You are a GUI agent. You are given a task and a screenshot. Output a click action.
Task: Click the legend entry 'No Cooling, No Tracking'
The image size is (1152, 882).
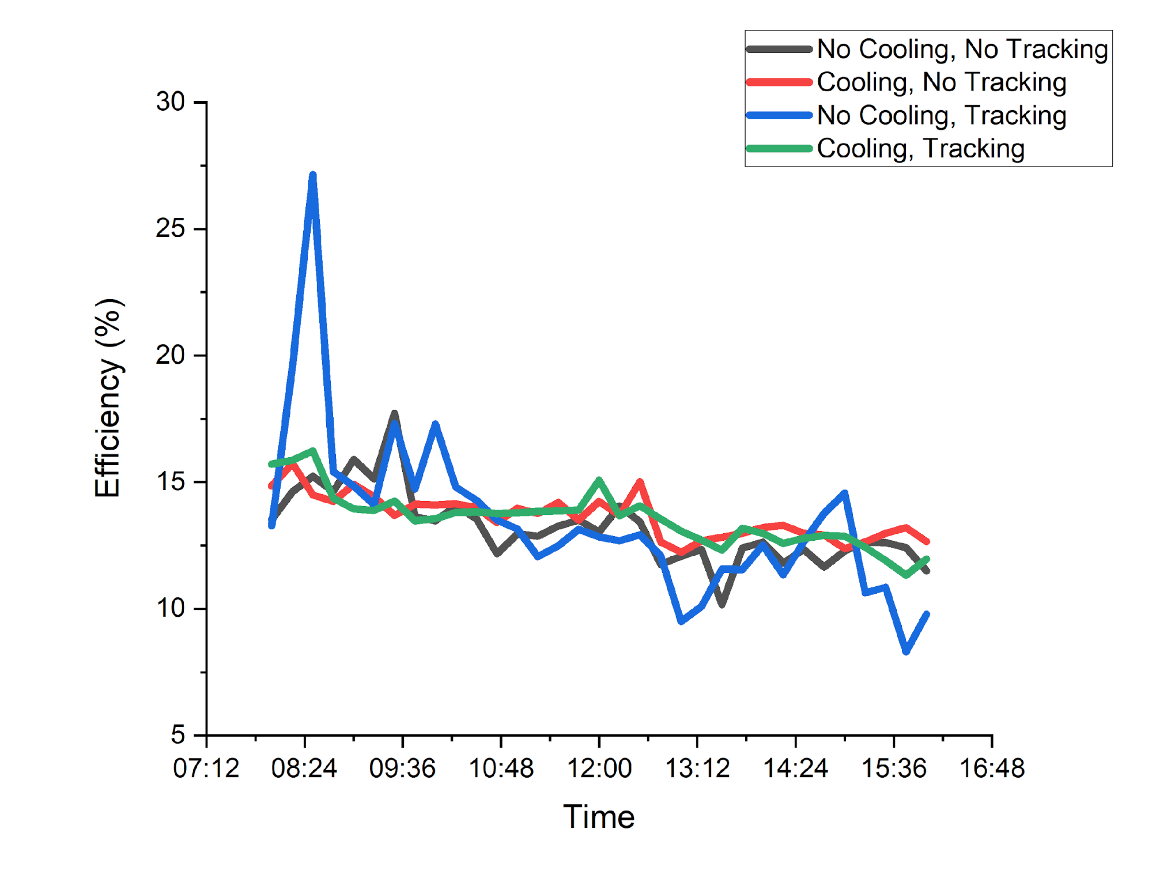click(x=962, y=49)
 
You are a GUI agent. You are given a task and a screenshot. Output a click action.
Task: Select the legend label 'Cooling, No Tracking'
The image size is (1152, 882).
click(x=941, y=82)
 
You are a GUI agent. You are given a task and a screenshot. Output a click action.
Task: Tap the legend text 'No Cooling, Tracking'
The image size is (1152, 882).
click(x=941, y=115)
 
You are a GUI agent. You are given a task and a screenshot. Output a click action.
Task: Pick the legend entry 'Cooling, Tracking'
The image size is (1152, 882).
click(x=920, y=149)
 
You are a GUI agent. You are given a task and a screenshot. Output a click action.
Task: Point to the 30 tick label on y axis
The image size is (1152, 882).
click(x=171, y=102)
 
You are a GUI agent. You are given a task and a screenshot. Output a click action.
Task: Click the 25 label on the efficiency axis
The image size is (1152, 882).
click(x=171, y=229)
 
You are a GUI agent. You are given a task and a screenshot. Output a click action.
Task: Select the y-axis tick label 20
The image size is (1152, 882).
click(x=171, y=355)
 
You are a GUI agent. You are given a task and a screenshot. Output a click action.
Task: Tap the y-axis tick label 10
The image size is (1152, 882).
click(x=171, y=608)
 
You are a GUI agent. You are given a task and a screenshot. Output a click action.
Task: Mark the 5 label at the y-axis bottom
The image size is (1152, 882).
click(x=178, y=735)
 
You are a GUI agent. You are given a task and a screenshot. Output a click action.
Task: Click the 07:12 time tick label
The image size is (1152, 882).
click(x=206, y=768)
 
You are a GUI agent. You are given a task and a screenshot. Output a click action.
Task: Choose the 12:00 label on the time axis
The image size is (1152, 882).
click(x=599, y=768)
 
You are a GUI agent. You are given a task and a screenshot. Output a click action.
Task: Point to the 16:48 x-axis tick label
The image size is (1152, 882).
click(x=992, y=768)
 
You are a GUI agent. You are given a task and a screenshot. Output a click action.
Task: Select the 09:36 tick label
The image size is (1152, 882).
click(x=402, y=768)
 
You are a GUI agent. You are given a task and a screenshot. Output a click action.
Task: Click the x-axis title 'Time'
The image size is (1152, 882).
click(x=599, y=816)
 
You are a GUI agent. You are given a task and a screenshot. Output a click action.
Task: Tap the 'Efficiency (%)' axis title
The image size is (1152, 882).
click(x=108, y=398)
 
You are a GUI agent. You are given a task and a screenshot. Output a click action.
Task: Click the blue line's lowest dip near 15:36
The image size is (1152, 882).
click(x=906, y=651)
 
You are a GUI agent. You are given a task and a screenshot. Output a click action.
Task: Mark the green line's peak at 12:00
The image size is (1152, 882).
click(x=599, y=480)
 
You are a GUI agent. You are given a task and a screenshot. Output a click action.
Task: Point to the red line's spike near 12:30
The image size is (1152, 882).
click(x=640, y=482)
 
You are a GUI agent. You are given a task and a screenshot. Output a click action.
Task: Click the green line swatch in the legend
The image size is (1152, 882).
click(x=779, y=149)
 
